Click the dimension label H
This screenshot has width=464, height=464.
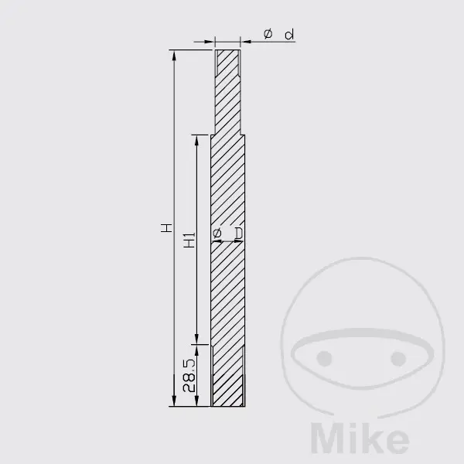tap(166, 228)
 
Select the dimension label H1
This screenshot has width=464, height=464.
tap(189, 240)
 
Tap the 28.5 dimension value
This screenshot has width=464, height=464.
tap(189, 376)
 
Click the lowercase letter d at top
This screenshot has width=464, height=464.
tap(289, 34)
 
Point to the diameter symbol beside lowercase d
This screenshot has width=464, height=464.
tap(268, 33)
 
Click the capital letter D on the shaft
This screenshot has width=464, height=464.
tap(239, 234)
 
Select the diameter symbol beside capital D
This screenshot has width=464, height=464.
tap(217, 233)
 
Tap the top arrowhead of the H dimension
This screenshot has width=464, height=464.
tap(174, 56)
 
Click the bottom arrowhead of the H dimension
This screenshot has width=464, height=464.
tap(174, 401)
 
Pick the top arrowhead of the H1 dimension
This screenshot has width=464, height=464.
tap(196, 141)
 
